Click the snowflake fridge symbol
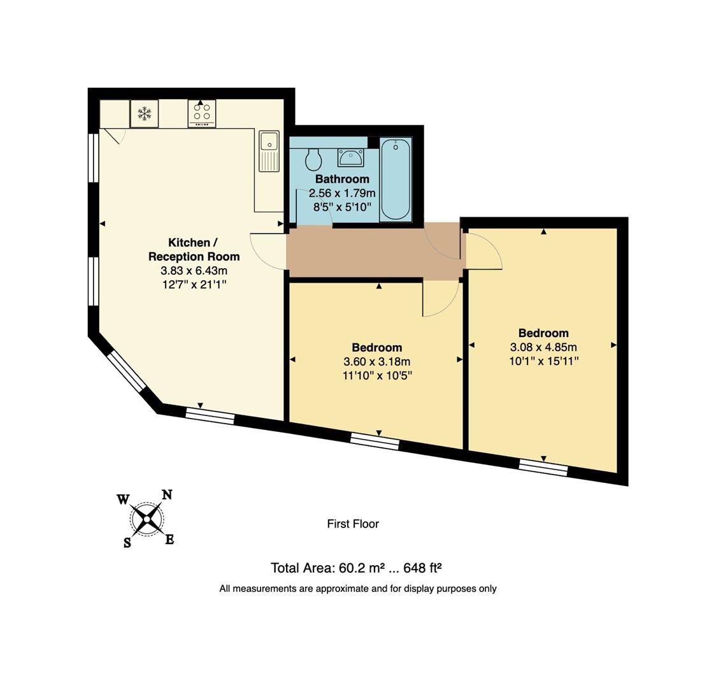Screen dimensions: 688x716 pos(145,114)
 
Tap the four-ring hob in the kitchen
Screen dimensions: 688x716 pos(202,113)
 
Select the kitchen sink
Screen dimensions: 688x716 pos(269,151)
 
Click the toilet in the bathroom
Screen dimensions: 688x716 pos(313,159)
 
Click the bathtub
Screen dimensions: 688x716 pos(396,180)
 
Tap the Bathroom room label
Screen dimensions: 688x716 pos(342,179)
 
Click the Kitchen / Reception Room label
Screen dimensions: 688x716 pos(194,250)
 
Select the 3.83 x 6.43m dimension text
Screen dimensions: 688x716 pos(194,271)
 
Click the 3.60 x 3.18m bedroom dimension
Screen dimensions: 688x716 pos(377,362)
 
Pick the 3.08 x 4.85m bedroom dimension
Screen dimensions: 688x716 pos(543,347)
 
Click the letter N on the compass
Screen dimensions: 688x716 pos(167,495)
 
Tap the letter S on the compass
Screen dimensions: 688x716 pos(127,543)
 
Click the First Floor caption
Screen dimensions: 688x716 pos(353,524)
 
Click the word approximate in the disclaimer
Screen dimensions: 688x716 pos(333,589)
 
